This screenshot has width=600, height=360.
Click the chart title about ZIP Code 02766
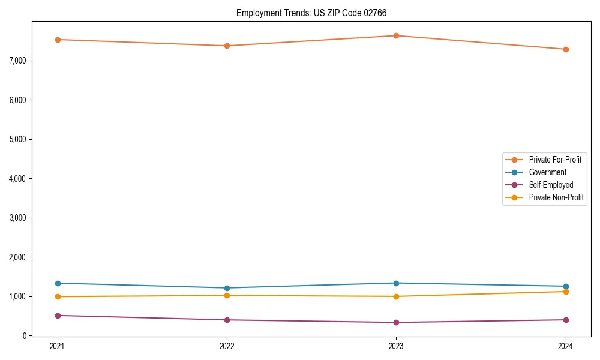tap(316, 13)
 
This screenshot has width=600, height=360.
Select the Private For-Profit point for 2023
tap(397, 35)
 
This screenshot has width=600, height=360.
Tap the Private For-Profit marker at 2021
tap(58, 40)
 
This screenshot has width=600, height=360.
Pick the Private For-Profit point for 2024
tap(566, 49)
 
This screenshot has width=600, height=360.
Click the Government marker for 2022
tap(227, 288)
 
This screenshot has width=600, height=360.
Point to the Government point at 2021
tap(58, 283)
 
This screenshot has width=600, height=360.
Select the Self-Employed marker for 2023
tap(397, 322)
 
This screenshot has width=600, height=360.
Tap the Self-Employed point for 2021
tap(58, 316)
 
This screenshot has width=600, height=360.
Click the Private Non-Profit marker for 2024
tap(566, 292)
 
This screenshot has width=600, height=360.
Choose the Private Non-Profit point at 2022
tap(227, 295)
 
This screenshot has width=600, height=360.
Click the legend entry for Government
tap(547, 172)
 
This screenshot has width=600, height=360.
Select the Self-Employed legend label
tap(551, 185)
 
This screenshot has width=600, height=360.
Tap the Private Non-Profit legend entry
tap(556, 197)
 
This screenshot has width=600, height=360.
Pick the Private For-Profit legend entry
tap(555, 160)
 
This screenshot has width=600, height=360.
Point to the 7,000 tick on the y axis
tap(17, 61)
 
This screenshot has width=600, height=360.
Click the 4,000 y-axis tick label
tap(17, 179)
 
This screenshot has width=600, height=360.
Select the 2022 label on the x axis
tap(227, 346)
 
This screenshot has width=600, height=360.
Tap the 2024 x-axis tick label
tap(566, 346)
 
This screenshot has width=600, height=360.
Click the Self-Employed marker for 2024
tap(566, 320)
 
